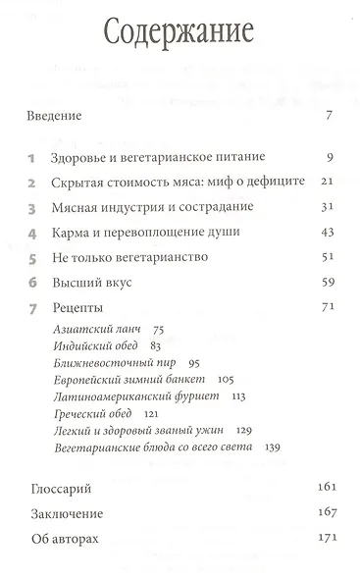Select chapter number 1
[31, 157]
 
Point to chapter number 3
[31, 209]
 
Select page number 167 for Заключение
[324, 513]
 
